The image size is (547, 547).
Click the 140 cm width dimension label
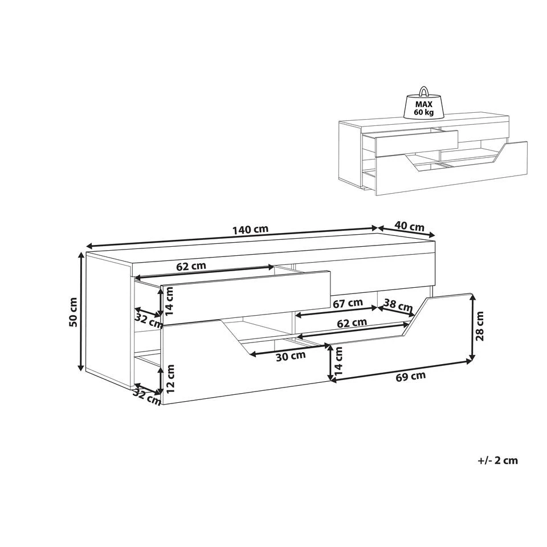click(251, 230)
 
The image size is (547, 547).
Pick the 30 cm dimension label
click(291, 356)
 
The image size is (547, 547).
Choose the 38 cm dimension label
click(398, 305)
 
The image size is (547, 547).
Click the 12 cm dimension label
click(170, 379)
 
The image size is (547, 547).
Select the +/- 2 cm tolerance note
click(498, 460)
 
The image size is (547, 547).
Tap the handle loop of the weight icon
click(423, 91)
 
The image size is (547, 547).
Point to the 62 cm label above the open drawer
click(191, 266)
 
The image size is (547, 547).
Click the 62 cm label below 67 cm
click(352, 323)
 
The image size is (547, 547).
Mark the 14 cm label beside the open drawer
click(169, 301)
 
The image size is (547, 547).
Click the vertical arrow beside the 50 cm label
click(81, 312)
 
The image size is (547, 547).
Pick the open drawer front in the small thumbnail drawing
click(417, 144)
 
